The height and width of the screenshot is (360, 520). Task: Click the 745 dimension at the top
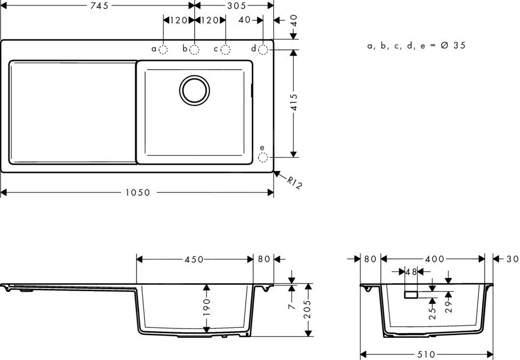99,5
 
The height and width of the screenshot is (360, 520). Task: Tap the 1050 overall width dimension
138,193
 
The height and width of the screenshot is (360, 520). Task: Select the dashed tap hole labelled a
164,50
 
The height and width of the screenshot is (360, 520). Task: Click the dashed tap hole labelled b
195,50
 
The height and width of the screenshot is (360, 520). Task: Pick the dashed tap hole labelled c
226,50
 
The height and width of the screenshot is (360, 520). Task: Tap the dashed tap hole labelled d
263,50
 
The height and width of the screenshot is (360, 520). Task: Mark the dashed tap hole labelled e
263,157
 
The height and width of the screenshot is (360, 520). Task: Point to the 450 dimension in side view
194,259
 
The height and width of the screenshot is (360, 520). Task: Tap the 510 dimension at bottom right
426,354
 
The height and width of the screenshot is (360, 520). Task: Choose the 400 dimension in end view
435,259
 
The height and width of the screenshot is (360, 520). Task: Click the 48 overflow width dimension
411,271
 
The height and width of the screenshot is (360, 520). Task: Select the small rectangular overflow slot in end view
411,294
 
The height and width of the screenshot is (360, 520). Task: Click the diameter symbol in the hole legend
444,46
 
